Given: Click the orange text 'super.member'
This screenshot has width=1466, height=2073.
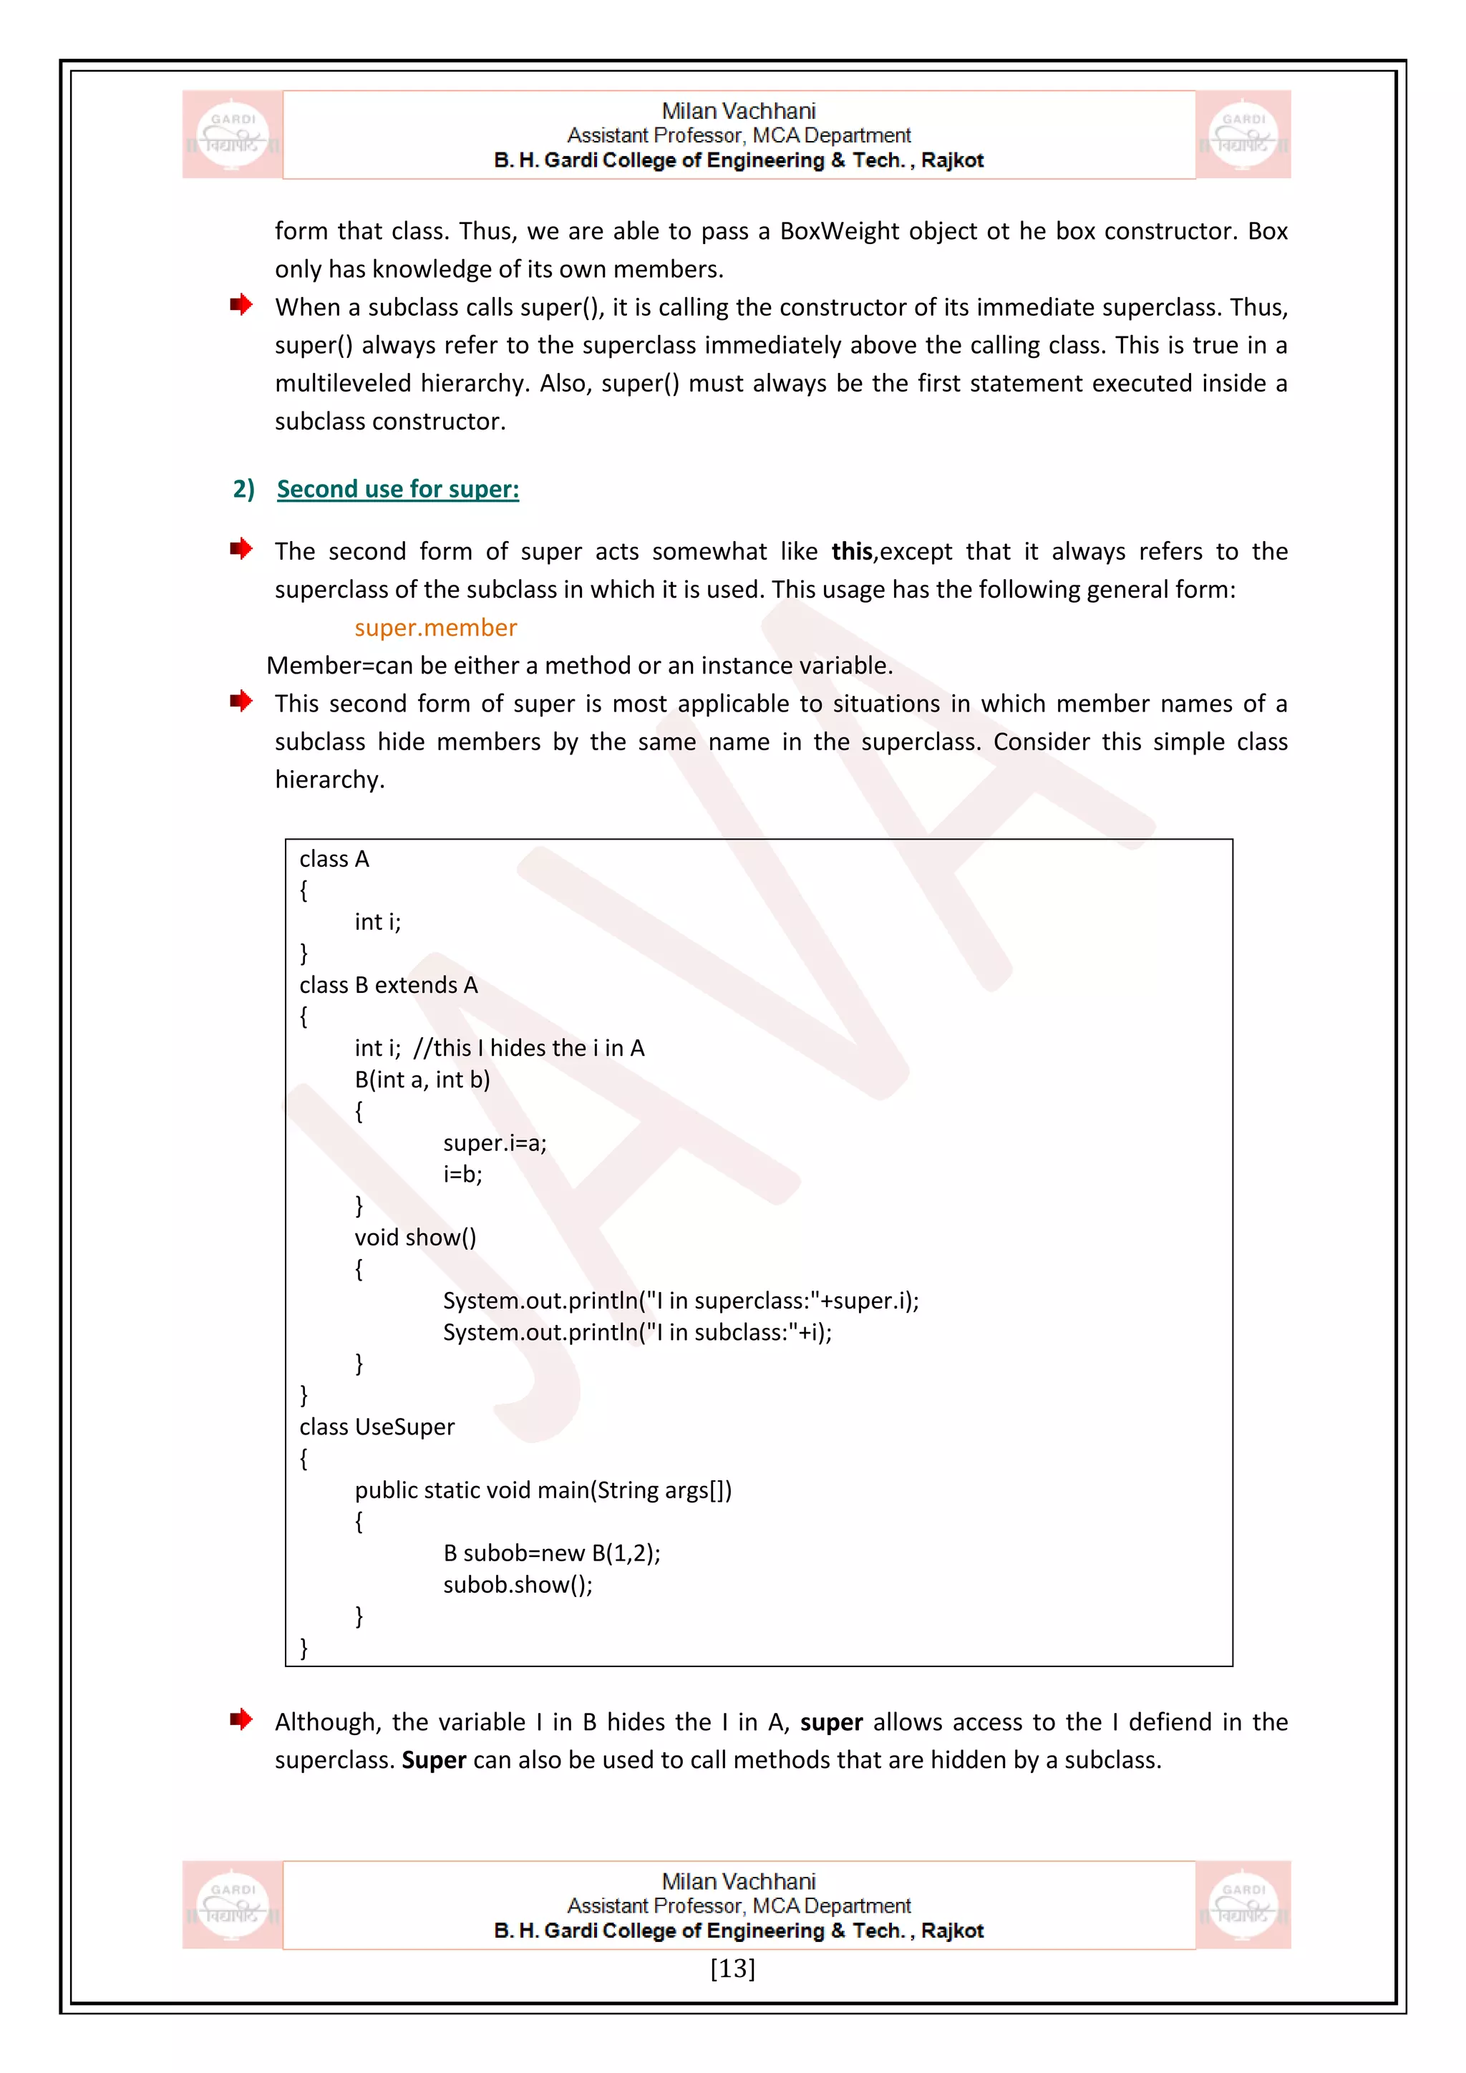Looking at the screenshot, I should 435,628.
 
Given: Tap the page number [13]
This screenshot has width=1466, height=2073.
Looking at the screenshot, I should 732,1967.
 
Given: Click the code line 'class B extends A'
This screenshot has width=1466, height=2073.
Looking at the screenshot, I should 388,985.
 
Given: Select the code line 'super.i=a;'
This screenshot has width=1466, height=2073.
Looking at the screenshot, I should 495,1143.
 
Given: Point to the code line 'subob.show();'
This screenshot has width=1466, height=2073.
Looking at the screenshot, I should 518,1585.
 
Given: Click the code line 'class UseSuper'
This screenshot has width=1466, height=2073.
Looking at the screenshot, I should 377,1427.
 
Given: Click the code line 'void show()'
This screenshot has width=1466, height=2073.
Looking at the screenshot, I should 415,1237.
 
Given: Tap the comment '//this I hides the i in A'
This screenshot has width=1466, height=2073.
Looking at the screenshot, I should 529,1048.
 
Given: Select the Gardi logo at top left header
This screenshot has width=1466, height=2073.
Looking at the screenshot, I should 233,135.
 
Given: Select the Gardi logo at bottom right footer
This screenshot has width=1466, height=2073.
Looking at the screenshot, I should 1243,1904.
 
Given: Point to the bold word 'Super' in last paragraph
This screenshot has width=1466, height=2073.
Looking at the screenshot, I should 433,1759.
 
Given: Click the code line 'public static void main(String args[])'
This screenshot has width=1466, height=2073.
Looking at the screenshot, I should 543,1490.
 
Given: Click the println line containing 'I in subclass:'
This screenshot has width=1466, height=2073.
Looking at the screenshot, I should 636,1331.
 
